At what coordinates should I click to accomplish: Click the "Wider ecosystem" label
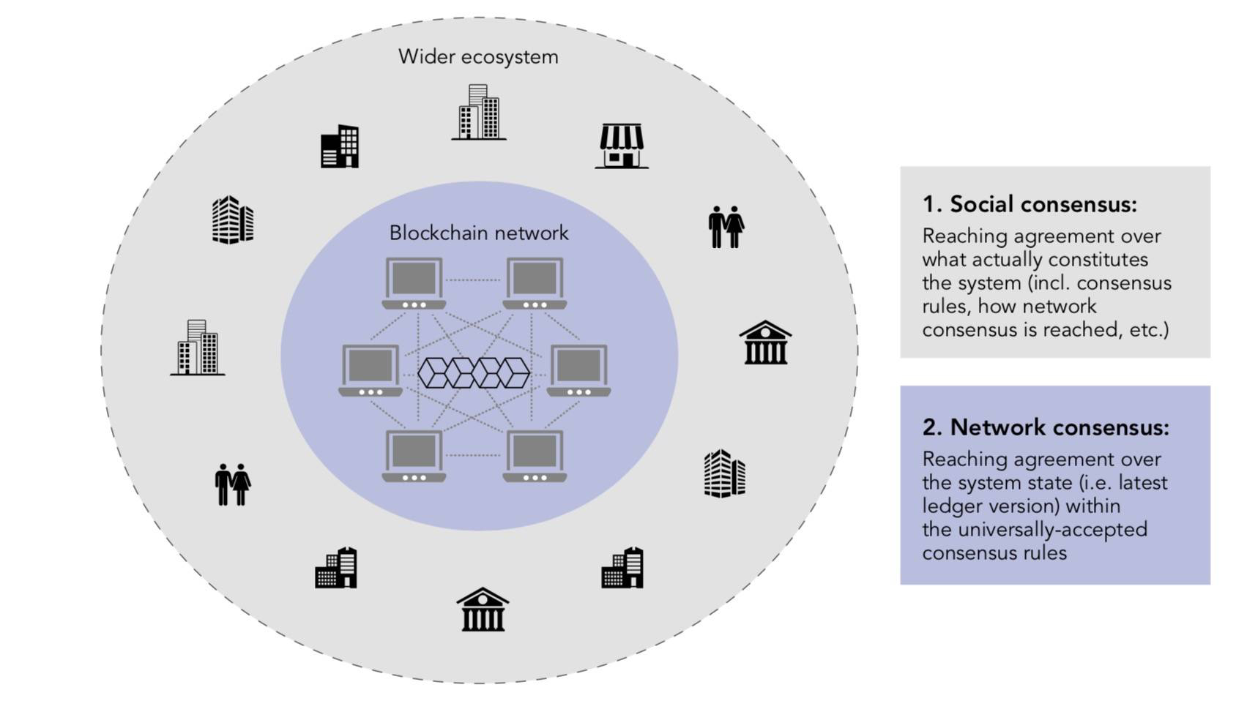coord(478,57)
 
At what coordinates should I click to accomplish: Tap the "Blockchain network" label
coord(478,233)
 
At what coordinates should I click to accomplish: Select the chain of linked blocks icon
coord(474,372)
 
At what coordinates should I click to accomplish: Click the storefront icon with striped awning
coord(621,146)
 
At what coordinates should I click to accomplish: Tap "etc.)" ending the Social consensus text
coord(1149,330)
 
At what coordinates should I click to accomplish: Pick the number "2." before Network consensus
coord(932,427)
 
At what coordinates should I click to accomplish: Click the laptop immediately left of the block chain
coord(371,370)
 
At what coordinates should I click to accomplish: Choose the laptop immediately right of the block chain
coord(579,370)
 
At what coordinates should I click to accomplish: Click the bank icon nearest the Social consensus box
coord(765,342)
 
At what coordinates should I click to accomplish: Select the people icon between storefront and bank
coord(726,226)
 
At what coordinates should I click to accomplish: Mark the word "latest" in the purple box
coord(1142,483)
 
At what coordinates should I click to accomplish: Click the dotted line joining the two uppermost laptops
coord(474,280)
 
